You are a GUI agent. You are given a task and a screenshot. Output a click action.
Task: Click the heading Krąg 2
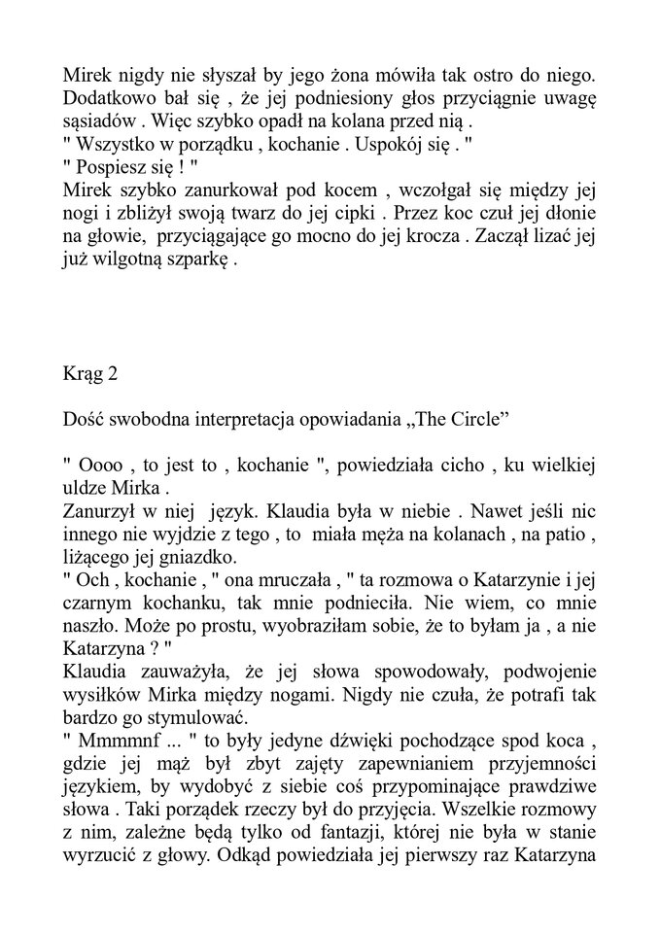click(x=89, y=375)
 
